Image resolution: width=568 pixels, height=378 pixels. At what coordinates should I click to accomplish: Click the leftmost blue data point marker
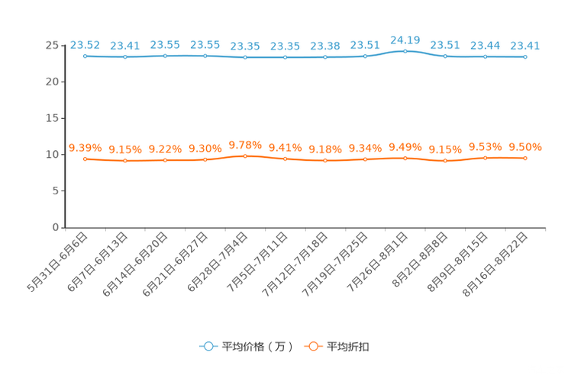(86, 56)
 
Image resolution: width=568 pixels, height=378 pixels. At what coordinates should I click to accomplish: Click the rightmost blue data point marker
(525, 56)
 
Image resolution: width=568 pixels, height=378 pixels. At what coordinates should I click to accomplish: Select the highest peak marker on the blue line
(405, 51)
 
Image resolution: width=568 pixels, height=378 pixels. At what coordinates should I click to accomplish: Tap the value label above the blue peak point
(405, 38)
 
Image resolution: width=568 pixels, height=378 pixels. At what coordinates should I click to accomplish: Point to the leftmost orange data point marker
(86, 159)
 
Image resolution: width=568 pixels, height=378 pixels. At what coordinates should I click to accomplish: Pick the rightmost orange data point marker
(525, 158)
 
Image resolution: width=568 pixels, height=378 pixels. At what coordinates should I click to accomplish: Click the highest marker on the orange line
(245, 155)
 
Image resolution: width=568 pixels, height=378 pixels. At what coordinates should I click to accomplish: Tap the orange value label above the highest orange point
(245, 144)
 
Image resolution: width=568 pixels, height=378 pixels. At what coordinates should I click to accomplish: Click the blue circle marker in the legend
(208, 346)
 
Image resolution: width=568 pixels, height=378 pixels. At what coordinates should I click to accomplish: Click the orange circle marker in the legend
(312, 346)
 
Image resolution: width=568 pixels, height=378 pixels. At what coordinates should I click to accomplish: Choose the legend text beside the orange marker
(350, 347)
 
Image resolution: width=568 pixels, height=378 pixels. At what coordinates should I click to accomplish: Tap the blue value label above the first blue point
(86, 44)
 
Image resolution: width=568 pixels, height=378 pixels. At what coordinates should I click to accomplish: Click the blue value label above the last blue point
(525, 45)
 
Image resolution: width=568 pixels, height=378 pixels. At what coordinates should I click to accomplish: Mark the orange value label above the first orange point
(86, 147)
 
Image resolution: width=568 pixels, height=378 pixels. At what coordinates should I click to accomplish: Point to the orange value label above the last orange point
(525, 147)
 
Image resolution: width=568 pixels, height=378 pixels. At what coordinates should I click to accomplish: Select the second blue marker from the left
(125, 56)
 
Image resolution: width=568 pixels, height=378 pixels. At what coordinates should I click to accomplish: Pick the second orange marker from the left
(125, 160)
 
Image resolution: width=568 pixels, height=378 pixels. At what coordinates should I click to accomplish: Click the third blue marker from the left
(166, 56)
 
